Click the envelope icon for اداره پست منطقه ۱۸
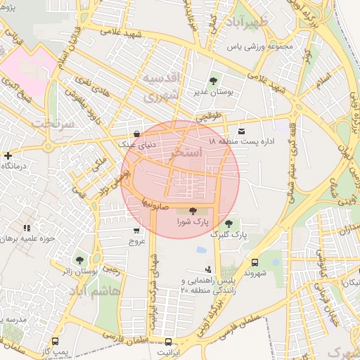243,131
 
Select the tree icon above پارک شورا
193,210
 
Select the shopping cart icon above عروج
136,230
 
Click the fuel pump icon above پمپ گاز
63,340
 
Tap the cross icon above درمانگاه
8,155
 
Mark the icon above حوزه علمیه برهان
27,228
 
